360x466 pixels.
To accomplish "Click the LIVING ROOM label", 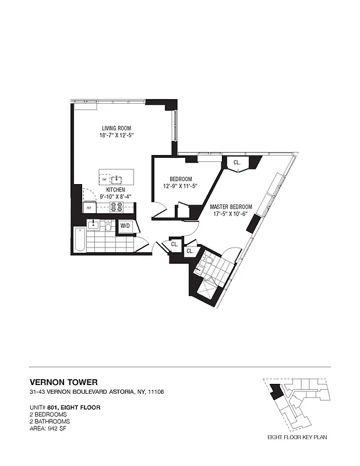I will click(x=117, y=128).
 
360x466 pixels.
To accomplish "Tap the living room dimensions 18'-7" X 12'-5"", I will click(x=117, y=136).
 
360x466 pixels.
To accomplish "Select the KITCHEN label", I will click(x=115, y=190).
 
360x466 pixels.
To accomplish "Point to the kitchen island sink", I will click(x=117, y=178).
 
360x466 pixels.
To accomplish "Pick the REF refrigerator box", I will click(x=90, y=207).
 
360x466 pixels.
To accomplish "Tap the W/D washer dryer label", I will click(x=125, y=225).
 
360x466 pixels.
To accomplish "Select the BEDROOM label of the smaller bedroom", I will click(x=181, y=179).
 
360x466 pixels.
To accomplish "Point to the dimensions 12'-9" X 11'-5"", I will click(x=181, y=186).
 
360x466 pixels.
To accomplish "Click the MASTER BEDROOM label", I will click(x=231, y=206).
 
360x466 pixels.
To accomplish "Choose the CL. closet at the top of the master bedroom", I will click(x=238, y=163).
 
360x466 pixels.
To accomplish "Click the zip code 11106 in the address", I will click(x=156, y=392).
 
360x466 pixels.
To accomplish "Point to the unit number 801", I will click(x=56, y=408).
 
